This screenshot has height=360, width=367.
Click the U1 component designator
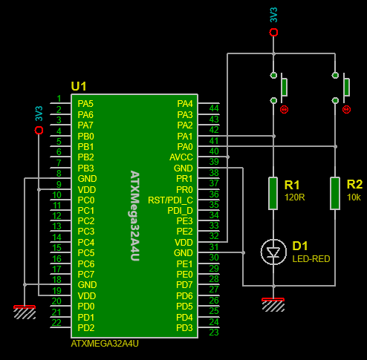pos(79,86)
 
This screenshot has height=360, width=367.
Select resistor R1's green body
pos(273,193)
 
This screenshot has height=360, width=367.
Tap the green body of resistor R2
pos(335,193)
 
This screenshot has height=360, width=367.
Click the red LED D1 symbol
pos(273,252)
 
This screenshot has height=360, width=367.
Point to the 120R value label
pos(295,197)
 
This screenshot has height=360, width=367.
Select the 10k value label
pos(354,197)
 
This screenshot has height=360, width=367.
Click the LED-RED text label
pos(311,259)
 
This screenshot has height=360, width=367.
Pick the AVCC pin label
pos(181,157)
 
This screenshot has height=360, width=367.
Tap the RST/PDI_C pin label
pos(170,200)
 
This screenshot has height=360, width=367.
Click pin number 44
pos(214,108)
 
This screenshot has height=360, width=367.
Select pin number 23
pos(214,333)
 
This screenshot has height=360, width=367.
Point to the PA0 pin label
pos(185,147)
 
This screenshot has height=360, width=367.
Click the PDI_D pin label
pos(180,211)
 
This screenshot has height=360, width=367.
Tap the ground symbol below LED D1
pos(273,305)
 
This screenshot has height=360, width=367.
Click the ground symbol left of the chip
pos(25,312)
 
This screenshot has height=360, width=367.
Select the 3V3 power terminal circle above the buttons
pos(273,32)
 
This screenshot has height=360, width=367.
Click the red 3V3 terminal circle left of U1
pos(39,130)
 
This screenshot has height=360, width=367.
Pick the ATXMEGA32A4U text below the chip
pos(105,344)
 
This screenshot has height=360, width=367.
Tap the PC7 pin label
pos(86,275)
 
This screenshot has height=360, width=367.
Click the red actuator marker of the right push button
pos(346,109)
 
